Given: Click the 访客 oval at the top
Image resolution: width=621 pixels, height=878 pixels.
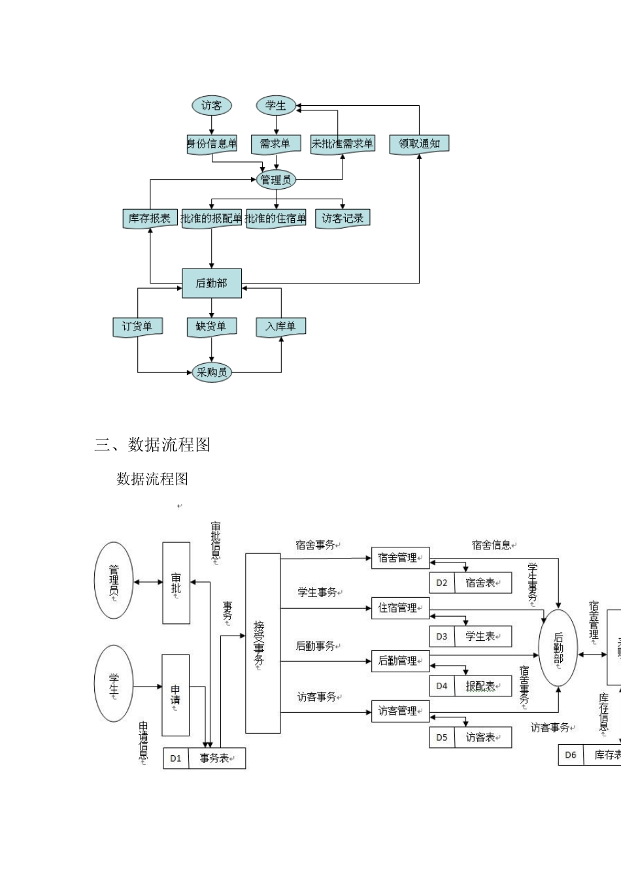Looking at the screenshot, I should (x=211, y=105).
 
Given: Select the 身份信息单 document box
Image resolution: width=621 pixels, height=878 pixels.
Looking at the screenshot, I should (x=211, y=144).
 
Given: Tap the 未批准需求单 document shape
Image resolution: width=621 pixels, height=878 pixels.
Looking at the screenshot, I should (x=342, y=144).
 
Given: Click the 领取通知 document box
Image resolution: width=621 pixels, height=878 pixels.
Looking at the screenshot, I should (x=419, y=144).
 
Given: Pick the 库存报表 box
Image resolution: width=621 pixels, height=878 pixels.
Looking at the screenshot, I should (x=150, y=218).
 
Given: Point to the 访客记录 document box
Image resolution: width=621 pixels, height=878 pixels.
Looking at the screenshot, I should (x=343, y=218).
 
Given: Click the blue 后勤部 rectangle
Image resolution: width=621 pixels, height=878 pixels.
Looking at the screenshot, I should (x=211, y=283).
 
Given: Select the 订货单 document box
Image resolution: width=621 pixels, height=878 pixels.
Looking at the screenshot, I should (x=137, y=326).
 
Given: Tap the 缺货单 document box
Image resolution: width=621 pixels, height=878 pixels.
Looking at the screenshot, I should (x=211, y=326).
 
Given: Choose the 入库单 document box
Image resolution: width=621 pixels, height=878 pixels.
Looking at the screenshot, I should (x=280, y=326).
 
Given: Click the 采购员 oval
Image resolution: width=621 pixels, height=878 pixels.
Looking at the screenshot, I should (x=211, y=372).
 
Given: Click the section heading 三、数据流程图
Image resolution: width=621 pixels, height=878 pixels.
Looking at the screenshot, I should (x=152, y=445).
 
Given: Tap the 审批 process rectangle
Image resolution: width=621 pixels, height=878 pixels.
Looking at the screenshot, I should (x=176, y=583).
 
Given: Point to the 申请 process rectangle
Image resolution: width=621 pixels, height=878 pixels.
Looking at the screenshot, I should (x=175, y=695).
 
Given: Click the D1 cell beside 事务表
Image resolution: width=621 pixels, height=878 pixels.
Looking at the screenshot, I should (x=176, y=758).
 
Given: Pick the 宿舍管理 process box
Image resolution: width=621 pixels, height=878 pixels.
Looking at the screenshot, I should (x=400, y=558).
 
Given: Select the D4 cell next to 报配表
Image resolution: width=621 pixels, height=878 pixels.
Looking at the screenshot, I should (x=442, y=686).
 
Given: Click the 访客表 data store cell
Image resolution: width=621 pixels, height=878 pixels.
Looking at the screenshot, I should (x=482, y=738).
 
